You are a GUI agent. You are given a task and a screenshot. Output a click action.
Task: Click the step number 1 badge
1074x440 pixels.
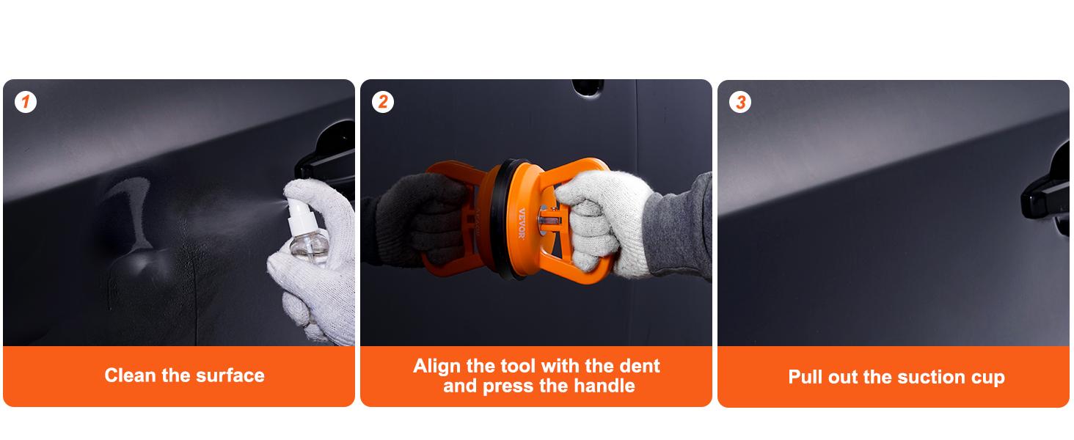click(x=26, y=102)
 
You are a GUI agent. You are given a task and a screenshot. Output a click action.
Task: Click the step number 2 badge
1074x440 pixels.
click(x=383, y=102)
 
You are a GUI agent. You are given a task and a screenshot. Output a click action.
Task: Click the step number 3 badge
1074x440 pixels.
click(x=740, y=102)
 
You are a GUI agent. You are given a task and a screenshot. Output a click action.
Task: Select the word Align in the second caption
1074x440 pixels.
click(x=437, y=366)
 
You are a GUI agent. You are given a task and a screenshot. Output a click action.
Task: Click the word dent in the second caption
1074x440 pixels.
click(x=638, y=366)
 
